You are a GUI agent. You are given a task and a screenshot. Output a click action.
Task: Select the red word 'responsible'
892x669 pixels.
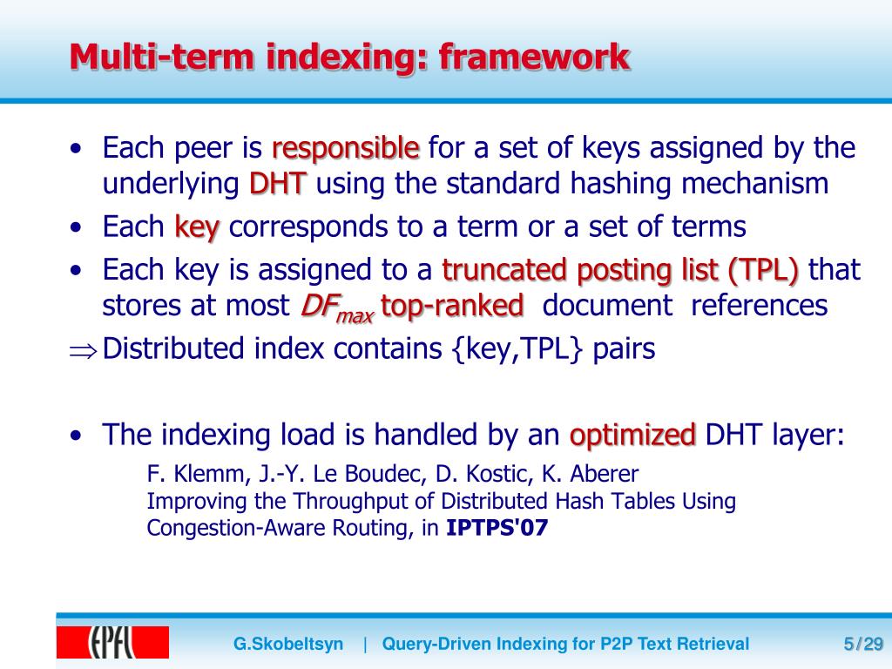(x=346, y=149)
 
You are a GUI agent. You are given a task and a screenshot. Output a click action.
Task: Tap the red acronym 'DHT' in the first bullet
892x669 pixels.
(x=278, y=185)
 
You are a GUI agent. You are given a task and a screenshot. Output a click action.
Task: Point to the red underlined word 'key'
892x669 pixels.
(x=197, y=227)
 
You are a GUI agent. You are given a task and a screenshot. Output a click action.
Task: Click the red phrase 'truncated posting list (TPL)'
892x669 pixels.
(x=620, y=270)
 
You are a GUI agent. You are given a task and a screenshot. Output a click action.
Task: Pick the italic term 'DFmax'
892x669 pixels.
(x=336, y=307)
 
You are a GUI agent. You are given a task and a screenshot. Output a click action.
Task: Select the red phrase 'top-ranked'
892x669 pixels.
(x=453, y=306)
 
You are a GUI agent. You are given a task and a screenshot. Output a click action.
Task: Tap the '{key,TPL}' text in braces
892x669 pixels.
(x=518, y=349)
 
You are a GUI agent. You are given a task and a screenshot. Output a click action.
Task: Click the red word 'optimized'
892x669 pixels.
(x=632, y=434)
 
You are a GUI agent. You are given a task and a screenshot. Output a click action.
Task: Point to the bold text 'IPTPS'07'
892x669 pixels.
(x=497, y=528)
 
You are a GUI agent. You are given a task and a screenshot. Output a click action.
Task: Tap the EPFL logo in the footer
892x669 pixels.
(x=112, y=643)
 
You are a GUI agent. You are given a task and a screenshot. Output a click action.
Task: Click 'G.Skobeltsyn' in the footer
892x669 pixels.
(x=288, y=645)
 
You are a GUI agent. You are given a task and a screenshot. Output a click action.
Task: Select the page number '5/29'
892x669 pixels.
(x=863, y=645)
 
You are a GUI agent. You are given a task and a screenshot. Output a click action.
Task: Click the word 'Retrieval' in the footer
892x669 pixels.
(x=713, y=645)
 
